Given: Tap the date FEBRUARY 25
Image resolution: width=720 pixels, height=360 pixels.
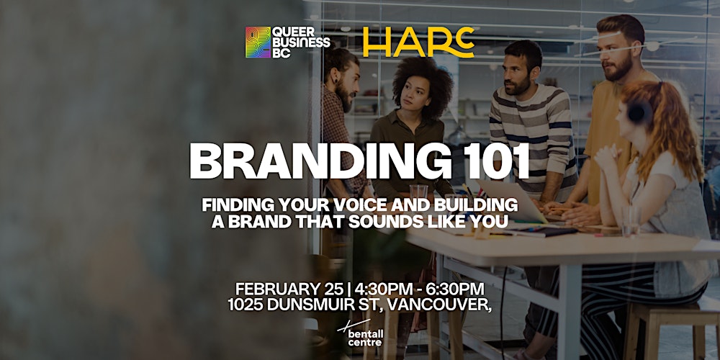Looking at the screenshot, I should pyautogui.click(x=284, y=289).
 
